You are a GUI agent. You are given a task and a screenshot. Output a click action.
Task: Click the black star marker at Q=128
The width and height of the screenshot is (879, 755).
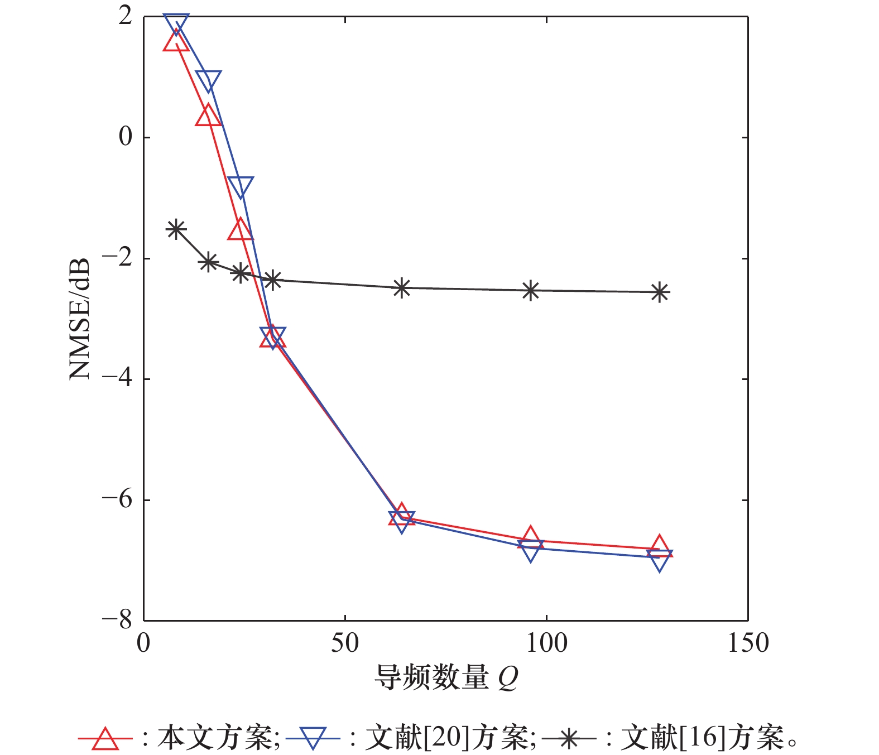(x=660, y=292)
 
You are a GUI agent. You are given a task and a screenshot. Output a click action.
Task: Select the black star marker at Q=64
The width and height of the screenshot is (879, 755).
(x=402, y=288)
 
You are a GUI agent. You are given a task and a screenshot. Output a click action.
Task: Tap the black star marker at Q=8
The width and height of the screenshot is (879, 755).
(x=176, y=229)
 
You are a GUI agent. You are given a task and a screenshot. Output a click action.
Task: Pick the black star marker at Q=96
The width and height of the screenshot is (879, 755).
(x=531, y=291)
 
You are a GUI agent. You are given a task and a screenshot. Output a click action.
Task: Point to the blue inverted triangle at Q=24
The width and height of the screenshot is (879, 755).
(x=241, y=185)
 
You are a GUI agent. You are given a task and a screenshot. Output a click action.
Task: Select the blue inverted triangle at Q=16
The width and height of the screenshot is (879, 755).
(x=208, y=80)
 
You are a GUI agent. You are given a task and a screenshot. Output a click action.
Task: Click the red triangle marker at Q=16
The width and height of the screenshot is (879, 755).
(x=208, y=116)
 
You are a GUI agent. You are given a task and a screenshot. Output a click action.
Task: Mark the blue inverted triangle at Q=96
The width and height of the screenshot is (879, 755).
(x=531, y=549)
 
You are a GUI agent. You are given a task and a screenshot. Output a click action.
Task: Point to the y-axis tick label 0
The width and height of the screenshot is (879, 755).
(x=126, y=137)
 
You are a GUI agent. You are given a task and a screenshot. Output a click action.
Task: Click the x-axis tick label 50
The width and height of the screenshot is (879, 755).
(x=345, y=643)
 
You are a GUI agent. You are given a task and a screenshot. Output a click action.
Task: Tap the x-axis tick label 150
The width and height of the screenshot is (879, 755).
(x=748, y=643)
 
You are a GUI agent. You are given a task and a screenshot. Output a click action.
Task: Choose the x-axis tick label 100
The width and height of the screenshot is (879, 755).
(x=546, y=643)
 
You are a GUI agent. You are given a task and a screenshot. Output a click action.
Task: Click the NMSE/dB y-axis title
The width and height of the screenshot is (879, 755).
(x=80, y=319)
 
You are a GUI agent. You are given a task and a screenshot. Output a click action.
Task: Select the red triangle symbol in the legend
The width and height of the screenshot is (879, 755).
(x=105, y=739)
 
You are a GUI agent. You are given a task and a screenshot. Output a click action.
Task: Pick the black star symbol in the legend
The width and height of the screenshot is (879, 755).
(x=569, y=739)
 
